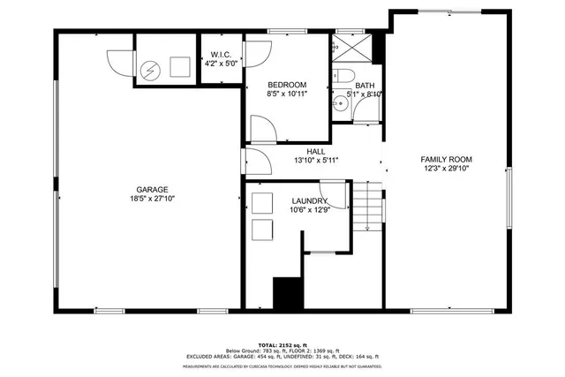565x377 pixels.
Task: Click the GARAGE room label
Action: click(x=152, y=190)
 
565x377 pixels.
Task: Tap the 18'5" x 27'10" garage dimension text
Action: click(x=152, y=200)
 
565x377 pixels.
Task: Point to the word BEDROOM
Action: click(x=287, y=84)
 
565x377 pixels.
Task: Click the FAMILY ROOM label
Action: click(x=444, y=159)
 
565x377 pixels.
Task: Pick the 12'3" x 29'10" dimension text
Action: click(x=444, y=169)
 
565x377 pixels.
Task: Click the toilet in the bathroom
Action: click(x=343, y=78)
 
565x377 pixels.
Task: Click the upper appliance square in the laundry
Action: click(x=262, y=203)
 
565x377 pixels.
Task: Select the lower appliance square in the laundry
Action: click(x=262, y=230)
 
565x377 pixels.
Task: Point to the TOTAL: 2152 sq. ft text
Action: click(x=282, y=343)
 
